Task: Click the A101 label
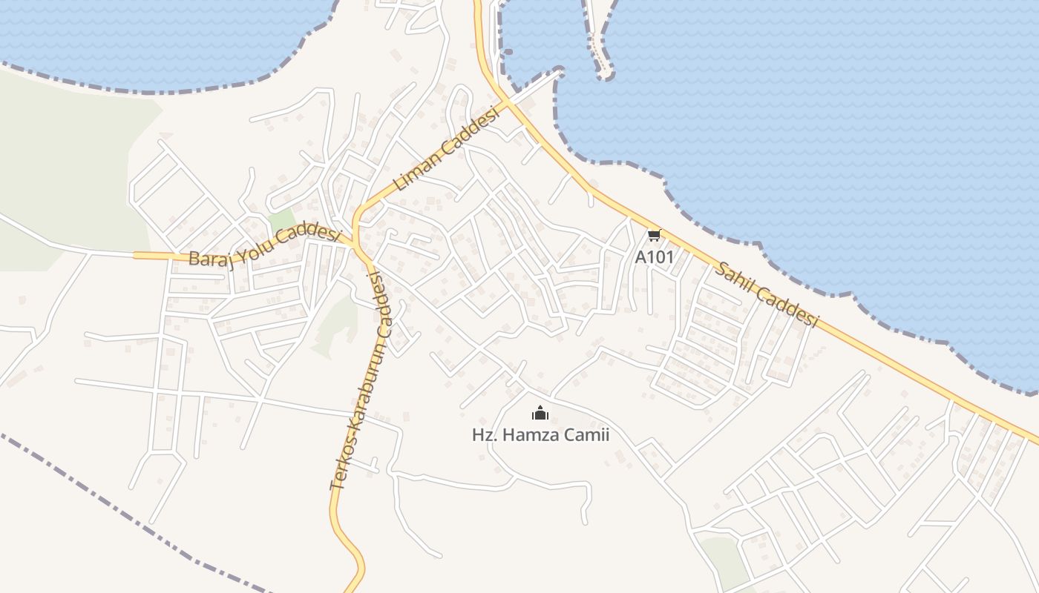[x=654, y=256]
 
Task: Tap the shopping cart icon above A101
[x=654, y=236]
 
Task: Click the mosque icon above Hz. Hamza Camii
[x=540, y=413]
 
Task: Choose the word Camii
[x=586, y=434]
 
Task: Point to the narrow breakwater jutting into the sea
[x=597, y=44]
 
